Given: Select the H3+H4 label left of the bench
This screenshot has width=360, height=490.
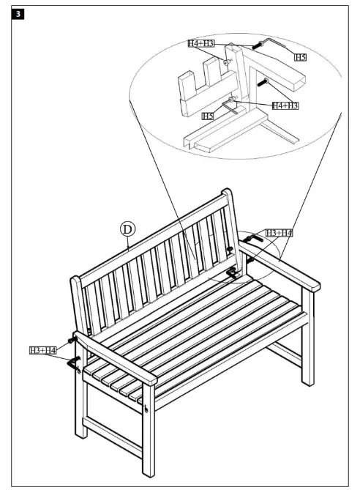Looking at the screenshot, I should click(43, 351).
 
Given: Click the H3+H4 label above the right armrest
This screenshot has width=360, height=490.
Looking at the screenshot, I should click(279, 232).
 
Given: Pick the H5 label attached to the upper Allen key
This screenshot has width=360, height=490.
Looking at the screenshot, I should click(300, 56).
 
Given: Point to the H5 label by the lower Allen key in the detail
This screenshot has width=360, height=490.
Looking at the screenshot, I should click(208, 116).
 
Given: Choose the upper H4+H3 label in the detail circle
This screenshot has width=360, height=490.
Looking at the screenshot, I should click(201, 45).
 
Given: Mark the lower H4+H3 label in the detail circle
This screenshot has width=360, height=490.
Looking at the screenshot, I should click(285, 105).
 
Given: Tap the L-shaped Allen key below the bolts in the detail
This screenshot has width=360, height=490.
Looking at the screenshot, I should click(235, 108).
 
